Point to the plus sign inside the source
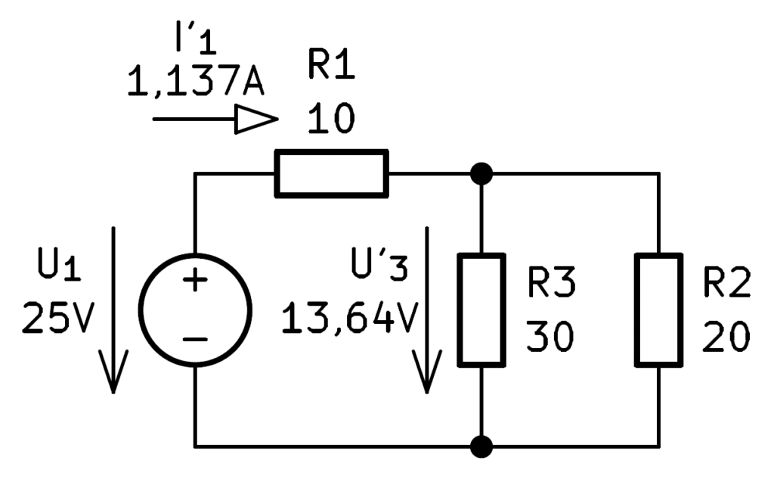[195, 280]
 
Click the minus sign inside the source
[195, 340]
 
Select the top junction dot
[481, 173]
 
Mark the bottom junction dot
[481, 447]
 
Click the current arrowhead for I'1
[255, 119]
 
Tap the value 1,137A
[196, 81]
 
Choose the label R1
[331, 64]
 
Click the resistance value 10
[331, 119]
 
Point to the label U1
[59, 266]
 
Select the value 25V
[57, 318]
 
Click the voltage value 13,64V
[349, 318]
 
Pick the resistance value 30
[550, 337]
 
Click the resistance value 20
[726, 337]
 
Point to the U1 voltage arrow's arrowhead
[113, 372]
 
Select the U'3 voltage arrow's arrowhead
[427, 372]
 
